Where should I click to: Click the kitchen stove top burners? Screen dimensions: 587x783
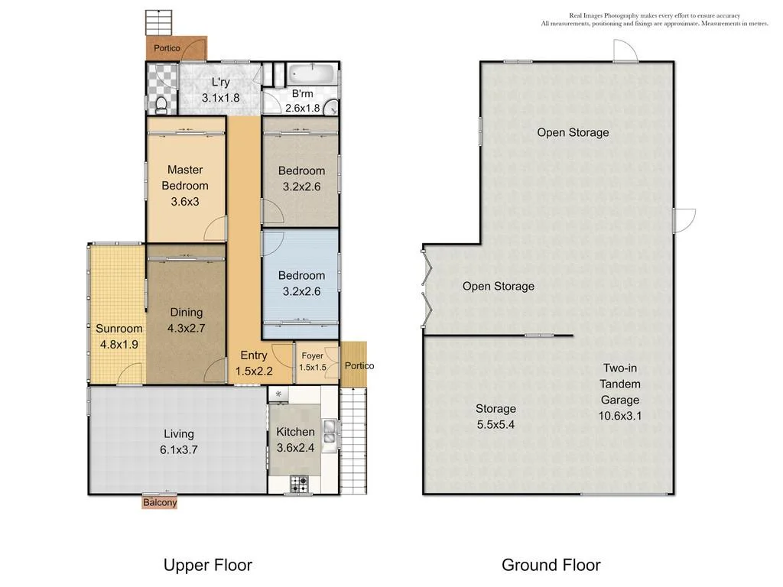pyautogui.click(x=298, y=484)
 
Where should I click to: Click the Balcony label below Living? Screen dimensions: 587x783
pyautogui.click(x=160, y=503)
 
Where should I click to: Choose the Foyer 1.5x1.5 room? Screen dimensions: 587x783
pyautogui.click(x=313, y=361)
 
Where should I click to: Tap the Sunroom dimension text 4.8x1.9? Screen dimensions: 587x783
pyautogui.click(x=119, y=345)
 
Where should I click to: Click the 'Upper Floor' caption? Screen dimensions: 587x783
pyautogui.click(x=207, y=566)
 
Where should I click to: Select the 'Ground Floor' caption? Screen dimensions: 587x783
pyautogui.click(x=551, y=566)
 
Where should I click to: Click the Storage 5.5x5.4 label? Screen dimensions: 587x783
pyautogui.click(x=495, y=417)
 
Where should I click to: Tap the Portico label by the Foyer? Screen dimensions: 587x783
pyautogui.click(x=359, y=366)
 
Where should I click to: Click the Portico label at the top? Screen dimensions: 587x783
pyautogui.click(x=167, y=48)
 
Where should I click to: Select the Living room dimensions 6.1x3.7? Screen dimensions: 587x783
pyautogui.click(x=179, y=450)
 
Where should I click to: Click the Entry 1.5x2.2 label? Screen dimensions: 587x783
pyautogui.click(x=254, y=363)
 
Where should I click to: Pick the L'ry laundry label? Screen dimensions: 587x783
pyautogui.click(x=220, y=89)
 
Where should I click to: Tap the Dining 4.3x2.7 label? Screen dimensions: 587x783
pyautogui.click(x=187, y=319)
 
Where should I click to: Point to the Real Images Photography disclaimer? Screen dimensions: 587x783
pyautogui.click(x=655, y=20)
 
